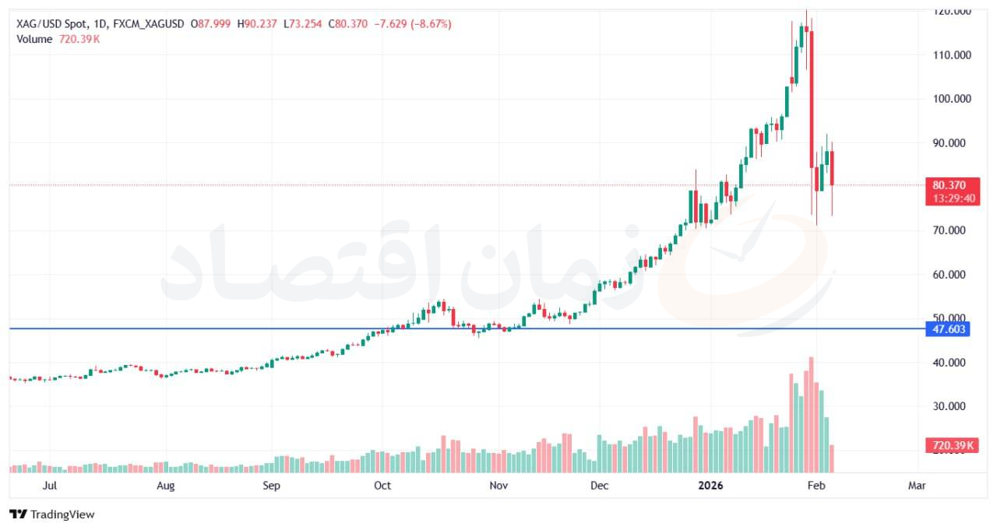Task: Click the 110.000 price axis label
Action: coord(951,55)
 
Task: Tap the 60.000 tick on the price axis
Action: coord(951,275)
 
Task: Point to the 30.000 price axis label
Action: coord(951,406)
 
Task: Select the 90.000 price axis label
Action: coord(951,143)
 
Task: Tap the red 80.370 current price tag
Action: coord(949,185)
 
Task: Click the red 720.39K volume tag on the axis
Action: coord(949,446)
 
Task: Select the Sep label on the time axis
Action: coord(271,486)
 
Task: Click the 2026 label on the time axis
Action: coord(710,486)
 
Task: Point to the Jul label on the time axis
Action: coord(50,486)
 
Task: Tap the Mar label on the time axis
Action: coord(917,486)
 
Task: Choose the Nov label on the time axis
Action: coord(498,486)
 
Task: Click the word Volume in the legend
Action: coord(34,39)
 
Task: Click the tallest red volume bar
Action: coord(811,414)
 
